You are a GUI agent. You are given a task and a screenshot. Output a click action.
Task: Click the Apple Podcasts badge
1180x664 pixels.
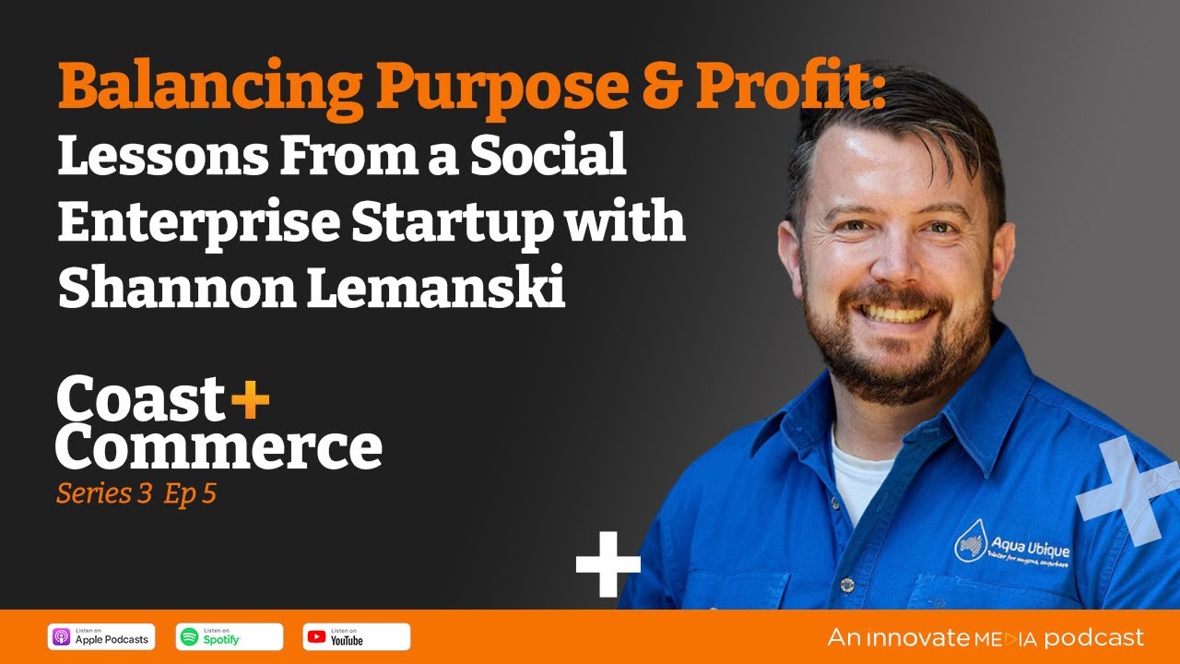coord(101,636)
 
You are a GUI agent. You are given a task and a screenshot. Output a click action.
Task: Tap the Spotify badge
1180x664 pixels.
coord(229,636)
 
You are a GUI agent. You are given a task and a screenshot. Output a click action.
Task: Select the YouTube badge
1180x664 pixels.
coord(356,636)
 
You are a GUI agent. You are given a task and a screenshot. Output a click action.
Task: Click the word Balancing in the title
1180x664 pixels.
coord(209,88)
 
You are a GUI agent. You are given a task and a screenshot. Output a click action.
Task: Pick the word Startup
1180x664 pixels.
coord(490,223)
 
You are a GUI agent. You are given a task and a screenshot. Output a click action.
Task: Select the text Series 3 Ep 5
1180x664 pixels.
coord(136,494)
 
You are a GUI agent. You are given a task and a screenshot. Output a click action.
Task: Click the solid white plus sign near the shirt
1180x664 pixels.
coord(608,563)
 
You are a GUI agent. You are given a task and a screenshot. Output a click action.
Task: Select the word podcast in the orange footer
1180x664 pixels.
coord(1093,637)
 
